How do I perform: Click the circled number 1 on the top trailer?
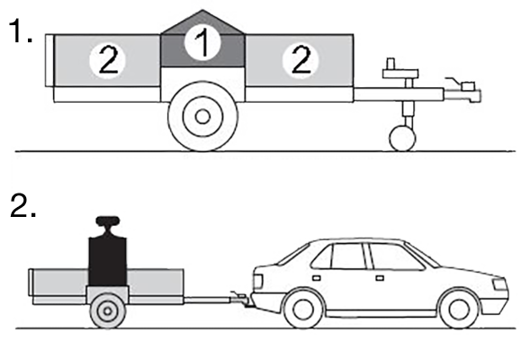pos(202,43)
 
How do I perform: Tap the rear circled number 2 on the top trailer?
pos(107,61)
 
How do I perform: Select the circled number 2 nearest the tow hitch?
pos(301,61)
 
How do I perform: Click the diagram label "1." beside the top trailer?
pos(21,31)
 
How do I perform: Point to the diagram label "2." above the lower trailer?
pos(23,205)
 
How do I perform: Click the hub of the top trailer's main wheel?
pos(202,117)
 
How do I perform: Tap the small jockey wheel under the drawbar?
pos(402,139)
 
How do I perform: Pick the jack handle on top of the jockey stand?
pos(400,70)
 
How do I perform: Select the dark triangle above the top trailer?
pos(202,22)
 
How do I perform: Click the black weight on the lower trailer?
pos(107,261)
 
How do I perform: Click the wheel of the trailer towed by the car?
pos(107,311)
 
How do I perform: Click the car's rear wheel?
pos(303,310)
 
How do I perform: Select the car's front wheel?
pos(459,310)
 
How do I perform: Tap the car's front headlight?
pos(500,283)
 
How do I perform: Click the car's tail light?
pos(257,281)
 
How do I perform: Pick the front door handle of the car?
pos(380,278)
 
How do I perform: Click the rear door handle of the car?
pos(317,278)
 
